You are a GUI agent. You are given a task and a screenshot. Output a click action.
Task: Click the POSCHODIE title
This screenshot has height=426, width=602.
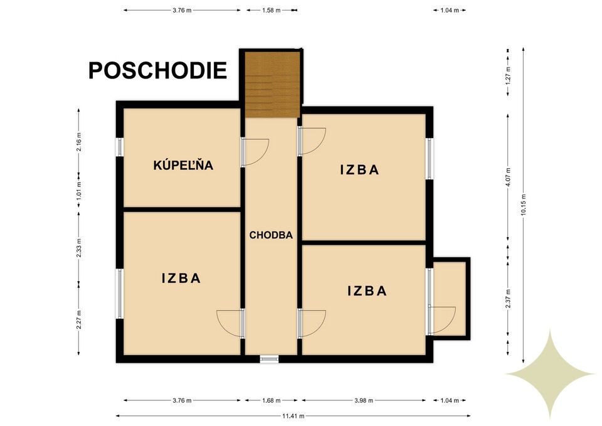coord(157,70)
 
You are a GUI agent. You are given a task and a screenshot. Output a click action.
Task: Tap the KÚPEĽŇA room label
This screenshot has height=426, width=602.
coord(183,166)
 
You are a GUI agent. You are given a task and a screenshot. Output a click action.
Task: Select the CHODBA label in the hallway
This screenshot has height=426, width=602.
coord(272,235)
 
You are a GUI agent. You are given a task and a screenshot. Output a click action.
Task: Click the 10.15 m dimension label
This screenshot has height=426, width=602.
coord(523,204)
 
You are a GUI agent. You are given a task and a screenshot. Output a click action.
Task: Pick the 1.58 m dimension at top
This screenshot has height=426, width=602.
coord(272,11)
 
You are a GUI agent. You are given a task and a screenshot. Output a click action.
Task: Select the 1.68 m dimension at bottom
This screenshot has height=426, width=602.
coord(272,400)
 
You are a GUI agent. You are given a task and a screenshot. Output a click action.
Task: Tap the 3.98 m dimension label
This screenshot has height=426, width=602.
coord(364,400)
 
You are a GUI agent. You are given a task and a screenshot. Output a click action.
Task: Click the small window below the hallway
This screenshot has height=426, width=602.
coord(270,359)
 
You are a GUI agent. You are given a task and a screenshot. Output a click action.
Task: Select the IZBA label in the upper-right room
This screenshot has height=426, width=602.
coord(360,169)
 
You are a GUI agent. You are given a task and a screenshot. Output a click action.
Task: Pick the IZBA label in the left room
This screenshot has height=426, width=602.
coord(181,279)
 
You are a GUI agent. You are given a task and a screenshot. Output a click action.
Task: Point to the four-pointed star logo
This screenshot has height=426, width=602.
coord(550,374)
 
